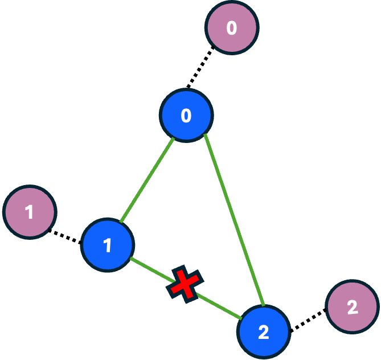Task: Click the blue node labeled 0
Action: pyautogui.click(x=186, y=116)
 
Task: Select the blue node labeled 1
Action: pyautogui.click(x=108, y=245)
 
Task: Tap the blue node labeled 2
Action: pyautogui.click(x=264, y=332)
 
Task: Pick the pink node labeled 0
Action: pyautogui.click(x=231, y=27)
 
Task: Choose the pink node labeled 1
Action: pyautogui.click(x=30, y=212)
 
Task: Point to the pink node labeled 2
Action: pyautogui.click(x=353, y=307)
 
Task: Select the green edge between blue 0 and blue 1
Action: pyautogui.click(x=147, y=181)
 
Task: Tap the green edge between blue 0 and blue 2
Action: pyautogui.click(x=233, y=220)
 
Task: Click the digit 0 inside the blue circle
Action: pyautogui.click(x=186, y=116)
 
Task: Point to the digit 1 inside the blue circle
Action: pyautogui.click(x=108, y=246)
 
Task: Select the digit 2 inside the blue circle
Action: pyautogui.click(x=264, y=332)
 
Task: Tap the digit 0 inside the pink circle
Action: pyautogui.click(x=231, y=27)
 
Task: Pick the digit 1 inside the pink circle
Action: pyautogui.click(x=30, y=212)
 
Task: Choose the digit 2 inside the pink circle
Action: pyautogui.click(x=353, y=307)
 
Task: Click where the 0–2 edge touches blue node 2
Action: pyautogui.click(x=263, y=307)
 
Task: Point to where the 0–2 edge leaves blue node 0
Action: pyautogui.click(x=204, y=134)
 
